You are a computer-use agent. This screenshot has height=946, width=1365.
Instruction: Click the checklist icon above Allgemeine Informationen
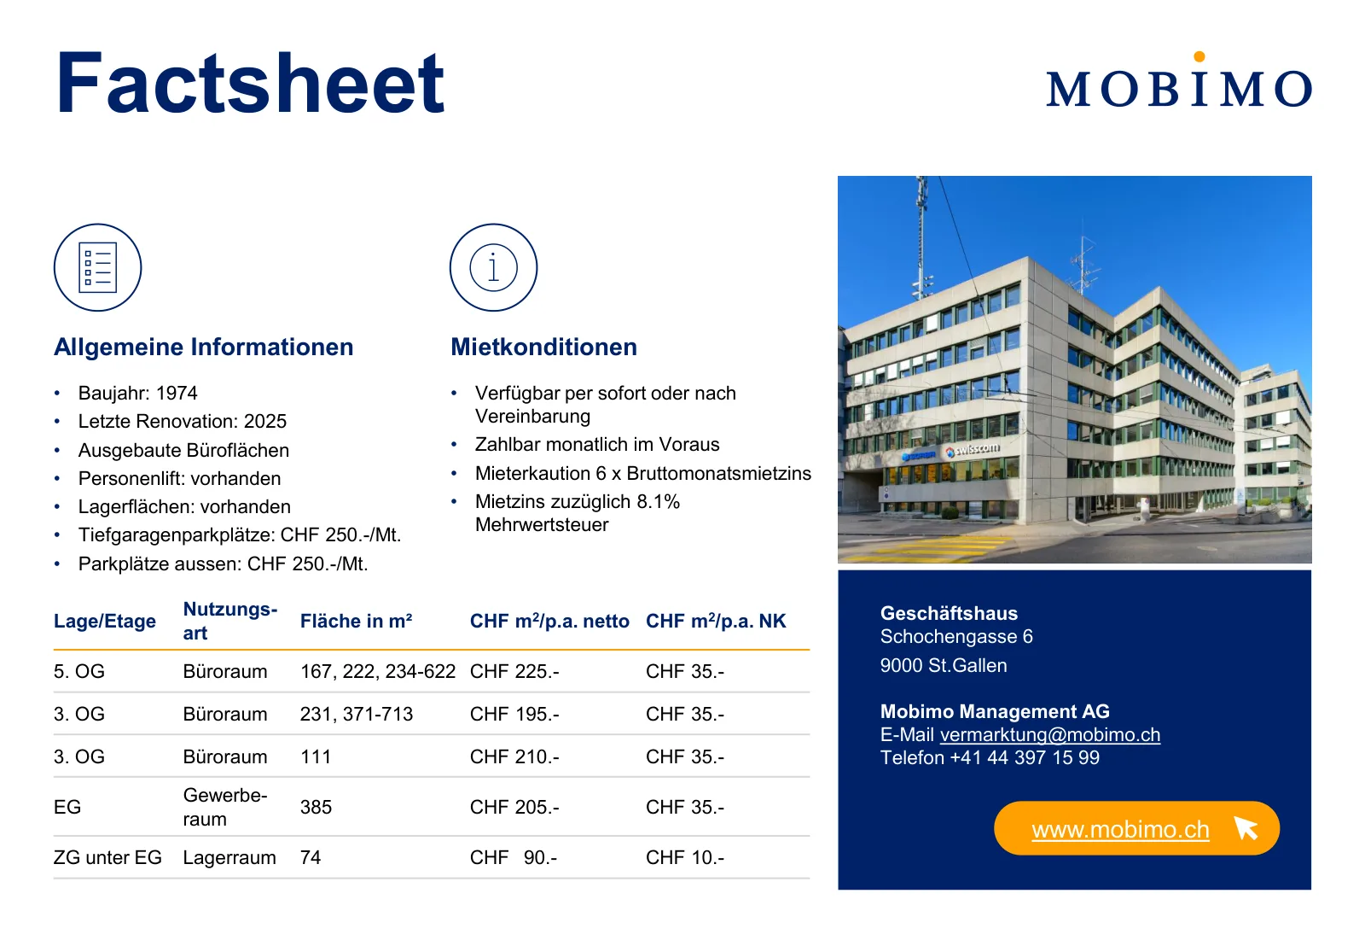coord(97,268)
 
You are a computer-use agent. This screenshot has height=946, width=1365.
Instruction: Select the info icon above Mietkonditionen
coord(494,268)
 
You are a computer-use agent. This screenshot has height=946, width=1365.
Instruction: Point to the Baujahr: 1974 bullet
coord(137,393)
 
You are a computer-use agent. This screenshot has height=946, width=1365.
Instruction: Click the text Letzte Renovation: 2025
coord(183,421)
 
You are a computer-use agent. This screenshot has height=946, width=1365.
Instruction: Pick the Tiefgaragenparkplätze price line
coord(240,535)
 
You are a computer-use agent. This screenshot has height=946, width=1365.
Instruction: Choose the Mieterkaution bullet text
coord(643,473)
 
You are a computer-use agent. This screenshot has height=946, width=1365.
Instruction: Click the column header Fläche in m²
coord(356,621)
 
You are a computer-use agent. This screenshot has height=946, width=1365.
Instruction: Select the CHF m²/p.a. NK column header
coord(716,621)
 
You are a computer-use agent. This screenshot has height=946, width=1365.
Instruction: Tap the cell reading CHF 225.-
coord(514,672)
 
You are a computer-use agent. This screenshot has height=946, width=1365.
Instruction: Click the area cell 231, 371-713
coord(357,715)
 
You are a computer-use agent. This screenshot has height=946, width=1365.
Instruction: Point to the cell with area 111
coord(315,757)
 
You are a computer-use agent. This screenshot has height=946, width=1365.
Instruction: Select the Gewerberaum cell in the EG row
coord(225,807)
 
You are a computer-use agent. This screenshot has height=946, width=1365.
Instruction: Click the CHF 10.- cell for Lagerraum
coord(685,857)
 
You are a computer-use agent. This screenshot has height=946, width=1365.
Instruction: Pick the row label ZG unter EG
coord(107,857)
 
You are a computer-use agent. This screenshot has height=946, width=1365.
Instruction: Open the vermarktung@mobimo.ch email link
coord(1050,735)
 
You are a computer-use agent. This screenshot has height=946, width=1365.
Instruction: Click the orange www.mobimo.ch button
coord(1136,828)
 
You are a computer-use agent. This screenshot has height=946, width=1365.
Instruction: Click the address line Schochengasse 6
coord(956,637)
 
